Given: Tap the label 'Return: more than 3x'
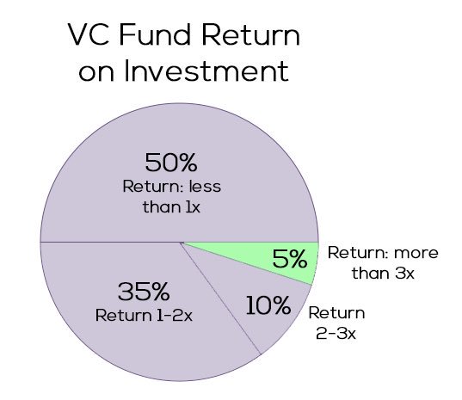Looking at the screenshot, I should [383, 264].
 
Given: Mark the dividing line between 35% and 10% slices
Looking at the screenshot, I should [220, 298].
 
